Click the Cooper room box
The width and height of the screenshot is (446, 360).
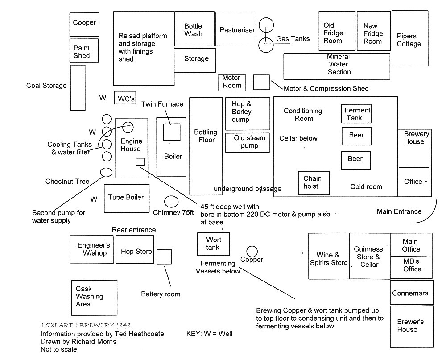click(84, 25)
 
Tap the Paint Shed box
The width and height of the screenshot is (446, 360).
click(84, 51)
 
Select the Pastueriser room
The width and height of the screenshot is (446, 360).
click(235, 29)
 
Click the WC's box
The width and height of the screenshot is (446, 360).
click(125, 98)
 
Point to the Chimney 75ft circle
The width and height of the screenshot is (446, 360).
click(171, 202)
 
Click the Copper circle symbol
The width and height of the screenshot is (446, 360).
click(252, 251)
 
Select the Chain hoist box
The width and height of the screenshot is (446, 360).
click(314, 183)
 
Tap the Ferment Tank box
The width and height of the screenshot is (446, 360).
click(356, 114)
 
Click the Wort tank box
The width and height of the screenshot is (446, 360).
click(213, 244)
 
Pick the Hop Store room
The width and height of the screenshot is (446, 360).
click(135, 249)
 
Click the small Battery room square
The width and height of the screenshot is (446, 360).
click(164, 257)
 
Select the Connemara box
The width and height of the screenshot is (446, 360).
click(412, 293)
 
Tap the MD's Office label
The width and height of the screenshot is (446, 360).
click(412, 265)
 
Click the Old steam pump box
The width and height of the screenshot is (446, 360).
click(248, 143)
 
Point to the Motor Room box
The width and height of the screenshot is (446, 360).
click(232, 83)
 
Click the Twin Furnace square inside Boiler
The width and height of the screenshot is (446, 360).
click(172, 132)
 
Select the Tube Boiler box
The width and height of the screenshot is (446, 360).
click(127, 199)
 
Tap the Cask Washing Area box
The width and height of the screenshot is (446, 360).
click(94, 298)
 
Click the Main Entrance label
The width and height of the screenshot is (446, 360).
click(399, 211)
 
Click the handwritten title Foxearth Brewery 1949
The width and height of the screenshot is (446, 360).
click(86, 325)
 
